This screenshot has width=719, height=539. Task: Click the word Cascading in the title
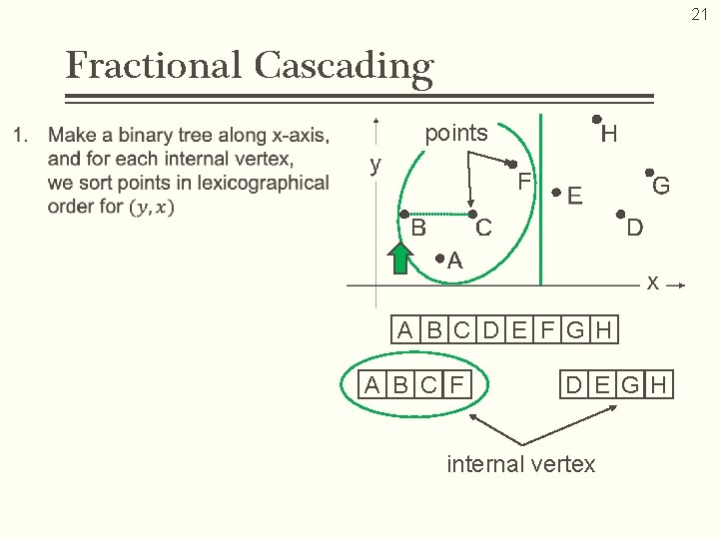click(344, 67)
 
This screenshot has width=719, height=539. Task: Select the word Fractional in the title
click(153, 67)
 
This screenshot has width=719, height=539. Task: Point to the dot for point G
click(648, 173)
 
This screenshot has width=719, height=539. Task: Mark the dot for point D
click(619, 215)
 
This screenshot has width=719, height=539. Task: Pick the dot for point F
click(511, 164)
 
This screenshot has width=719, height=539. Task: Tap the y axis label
click(374, 165)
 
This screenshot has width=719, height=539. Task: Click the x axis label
click(651, 282)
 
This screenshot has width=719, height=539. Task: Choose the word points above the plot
click(456, 133)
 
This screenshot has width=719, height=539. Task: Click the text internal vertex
click(520, 464)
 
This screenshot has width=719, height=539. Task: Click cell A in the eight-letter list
click(404, 330)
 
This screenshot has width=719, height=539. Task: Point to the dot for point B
click(403, 214)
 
